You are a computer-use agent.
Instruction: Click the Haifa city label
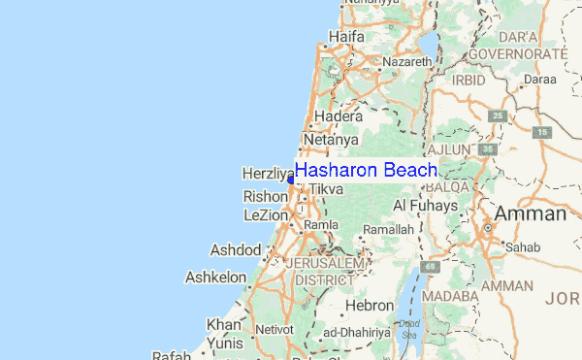click(346, 37)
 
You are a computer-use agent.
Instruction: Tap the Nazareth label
click(406, 61)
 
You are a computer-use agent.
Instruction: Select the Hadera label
click(333, 115)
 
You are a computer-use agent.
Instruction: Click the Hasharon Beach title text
click(367, 171)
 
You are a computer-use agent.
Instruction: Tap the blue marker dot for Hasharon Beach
click(292, 179)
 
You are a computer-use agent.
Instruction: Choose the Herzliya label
click(267, 174)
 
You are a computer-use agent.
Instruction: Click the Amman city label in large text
click(530, 213)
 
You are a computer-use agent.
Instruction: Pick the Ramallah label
click(389, 229)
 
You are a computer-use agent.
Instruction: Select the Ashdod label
click(235, 250)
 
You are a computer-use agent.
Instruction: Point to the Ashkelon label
click(215, 277)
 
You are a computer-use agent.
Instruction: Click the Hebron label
click(370, 305)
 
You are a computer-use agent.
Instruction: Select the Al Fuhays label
click(425, 206)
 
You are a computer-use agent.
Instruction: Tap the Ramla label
click(320, 224)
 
